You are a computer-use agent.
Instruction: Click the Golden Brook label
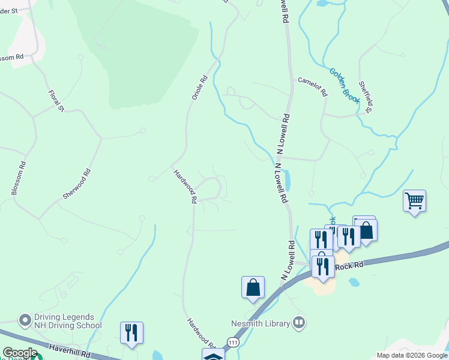(344, 86)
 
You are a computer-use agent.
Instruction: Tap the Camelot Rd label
(313, 86)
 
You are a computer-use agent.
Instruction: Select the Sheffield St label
(366, 97)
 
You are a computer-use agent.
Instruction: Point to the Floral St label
(56, 101)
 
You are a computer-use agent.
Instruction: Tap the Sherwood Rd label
(77, 184)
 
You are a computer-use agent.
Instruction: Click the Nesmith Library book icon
(299, 323)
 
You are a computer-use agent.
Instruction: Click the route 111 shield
(233, 342)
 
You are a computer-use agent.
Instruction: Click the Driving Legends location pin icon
(25, 320)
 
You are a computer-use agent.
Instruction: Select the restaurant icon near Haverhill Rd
(131, 333)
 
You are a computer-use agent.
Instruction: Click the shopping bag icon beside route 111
(253, 287)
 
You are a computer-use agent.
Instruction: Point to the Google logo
(20, 353)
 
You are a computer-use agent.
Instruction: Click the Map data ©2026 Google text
(411, 355)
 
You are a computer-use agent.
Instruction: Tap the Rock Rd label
(350, 265)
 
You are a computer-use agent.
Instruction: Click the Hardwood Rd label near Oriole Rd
(185, 187)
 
